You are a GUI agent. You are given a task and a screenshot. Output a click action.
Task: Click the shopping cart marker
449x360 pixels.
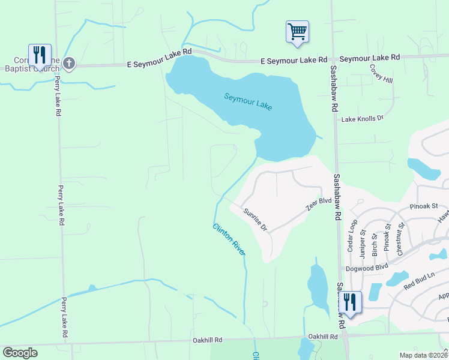(297, 31)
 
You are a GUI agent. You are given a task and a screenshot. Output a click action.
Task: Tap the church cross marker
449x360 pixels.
(69, 63)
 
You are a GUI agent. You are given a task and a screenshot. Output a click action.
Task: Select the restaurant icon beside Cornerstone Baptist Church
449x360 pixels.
(40, 55)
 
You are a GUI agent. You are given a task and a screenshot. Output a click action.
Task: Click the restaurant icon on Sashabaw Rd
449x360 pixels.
(349, 302)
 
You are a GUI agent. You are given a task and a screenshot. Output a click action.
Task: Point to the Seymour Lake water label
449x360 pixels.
(249, 101)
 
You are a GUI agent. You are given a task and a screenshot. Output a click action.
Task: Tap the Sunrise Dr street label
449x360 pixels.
(255, 220)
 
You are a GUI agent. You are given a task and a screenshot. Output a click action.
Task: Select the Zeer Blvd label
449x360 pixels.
(319, 204)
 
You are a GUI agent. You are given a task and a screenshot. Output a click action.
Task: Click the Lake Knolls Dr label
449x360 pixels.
(363, 119)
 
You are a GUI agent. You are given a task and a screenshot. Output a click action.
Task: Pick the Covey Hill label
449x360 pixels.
(381, 74)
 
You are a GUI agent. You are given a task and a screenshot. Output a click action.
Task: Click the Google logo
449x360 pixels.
(20, 353)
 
